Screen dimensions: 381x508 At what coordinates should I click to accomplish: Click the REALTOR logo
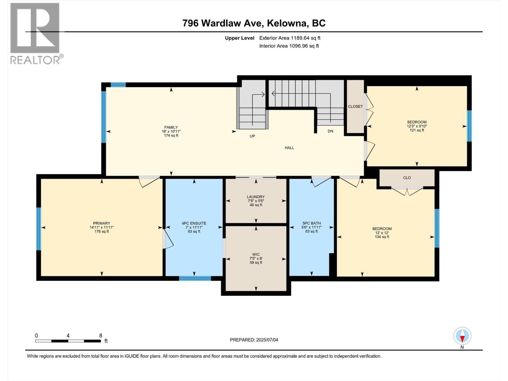click(35, 33)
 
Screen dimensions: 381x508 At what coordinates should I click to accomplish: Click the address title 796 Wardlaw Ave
click(254, 23)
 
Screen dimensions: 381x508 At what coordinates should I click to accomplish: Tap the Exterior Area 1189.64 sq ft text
click(290, 38)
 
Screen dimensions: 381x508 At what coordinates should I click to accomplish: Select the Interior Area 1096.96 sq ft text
click(289, 46)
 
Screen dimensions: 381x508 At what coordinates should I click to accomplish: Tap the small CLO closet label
click(407, 178)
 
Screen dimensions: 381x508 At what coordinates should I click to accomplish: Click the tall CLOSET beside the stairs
click(355, 106)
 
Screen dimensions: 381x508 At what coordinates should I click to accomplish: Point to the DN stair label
click(330, 131)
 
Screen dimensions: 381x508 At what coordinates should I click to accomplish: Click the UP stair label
click(252, 136)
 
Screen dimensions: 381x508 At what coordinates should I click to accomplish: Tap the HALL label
click(289, 148)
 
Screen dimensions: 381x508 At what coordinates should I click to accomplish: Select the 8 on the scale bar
click(101, 336)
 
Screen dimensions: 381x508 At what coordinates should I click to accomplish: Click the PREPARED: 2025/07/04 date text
click(254, 340)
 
